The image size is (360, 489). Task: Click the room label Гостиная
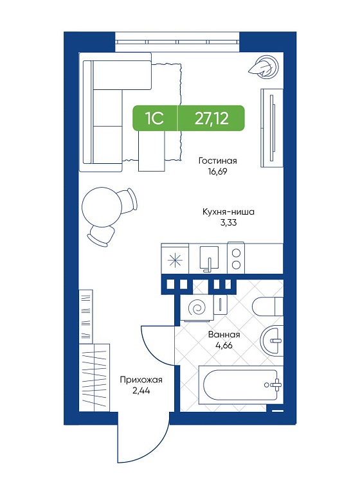pyautogui.click(x=218, y=161)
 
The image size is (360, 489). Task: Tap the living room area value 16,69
pyautogui.click(x=218, y=172)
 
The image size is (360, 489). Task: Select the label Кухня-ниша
pyautogui.click(x=228, y=212)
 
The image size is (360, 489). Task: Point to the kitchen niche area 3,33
pyautogui.click(x=228, y=223)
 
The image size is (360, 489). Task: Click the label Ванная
pyautogui.click(x=224, y=335)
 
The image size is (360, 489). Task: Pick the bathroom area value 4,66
pyautogui.click(x=224, y=346)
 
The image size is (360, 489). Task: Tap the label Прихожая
pyautogui.click(x=141, y=380)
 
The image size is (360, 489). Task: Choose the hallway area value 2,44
pyautogui.click(x=141, y=391)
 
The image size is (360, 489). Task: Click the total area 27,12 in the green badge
pyautogui.click(x=212, y=118)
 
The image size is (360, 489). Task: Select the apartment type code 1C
pyautogui.click(x=154, y=118)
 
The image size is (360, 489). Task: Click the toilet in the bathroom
pyautogui.click(x=267, y=307)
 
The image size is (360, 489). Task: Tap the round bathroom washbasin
pyautogui.click(x=272, y=341)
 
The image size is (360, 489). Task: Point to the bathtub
pyautogui.click(x=240, y=385)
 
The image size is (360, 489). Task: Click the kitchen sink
pyautogui.click(x=209, y=258)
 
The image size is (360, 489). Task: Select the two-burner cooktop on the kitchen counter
pyautogui.click(x=236, y=258)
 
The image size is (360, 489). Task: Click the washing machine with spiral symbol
pyautogui.click(x=197, y=308)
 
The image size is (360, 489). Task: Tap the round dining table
pyautogui.click(x=101, y=207)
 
